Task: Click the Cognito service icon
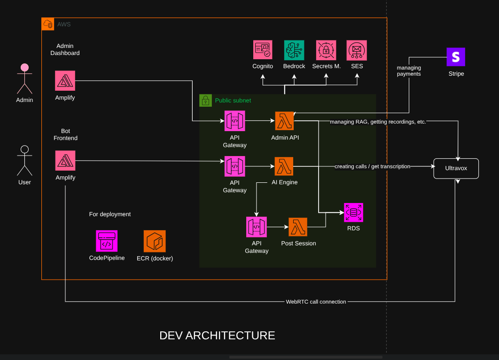coord(263,50)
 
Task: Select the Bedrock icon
coord(294,50)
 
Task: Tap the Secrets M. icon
coord(326,50)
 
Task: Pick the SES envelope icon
coord(357,50)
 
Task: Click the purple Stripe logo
coord(455,57)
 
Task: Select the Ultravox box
coord(456,168)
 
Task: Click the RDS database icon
coord(353,212)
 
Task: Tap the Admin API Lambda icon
coord(284,121)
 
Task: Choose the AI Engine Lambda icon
coord(284,166)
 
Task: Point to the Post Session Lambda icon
coord(298,227)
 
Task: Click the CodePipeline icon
coord(107,241)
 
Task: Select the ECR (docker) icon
coord(155,241)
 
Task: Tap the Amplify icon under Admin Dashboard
coord(65,80)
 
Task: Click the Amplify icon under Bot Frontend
coord(65,160)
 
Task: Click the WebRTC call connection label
coord(316,302)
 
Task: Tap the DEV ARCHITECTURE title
coord(217,336)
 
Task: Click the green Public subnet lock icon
coord(205,100)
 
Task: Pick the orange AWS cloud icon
coord(48,24)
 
